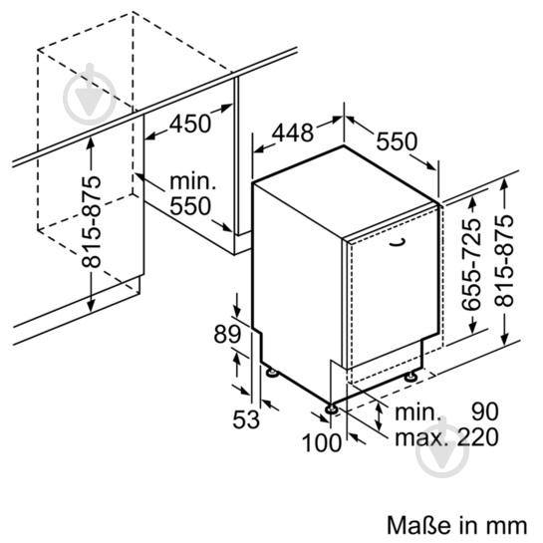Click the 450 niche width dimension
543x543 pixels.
point(189,124)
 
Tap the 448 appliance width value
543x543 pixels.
point(292,133)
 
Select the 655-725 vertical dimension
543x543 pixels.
point(471,265)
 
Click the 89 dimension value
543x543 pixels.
point(227,334)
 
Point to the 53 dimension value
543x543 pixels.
point(245,419)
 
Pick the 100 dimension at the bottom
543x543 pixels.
point(322,442)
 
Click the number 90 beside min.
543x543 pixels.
point(485,411)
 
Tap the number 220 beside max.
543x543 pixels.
point(478,437)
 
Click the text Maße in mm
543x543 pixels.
point(457,526)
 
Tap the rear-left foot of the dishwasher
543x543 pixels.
point(272,373)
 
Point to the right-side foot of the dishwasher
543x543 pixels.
point(411,376)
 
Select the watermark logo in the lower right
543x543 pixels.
point(442,446)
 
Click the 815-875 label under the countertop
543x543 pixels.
point(91,222)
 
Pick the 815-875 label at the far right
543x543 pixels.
point(503,260)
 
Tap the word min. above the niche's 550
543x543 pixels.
point(192,181)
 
